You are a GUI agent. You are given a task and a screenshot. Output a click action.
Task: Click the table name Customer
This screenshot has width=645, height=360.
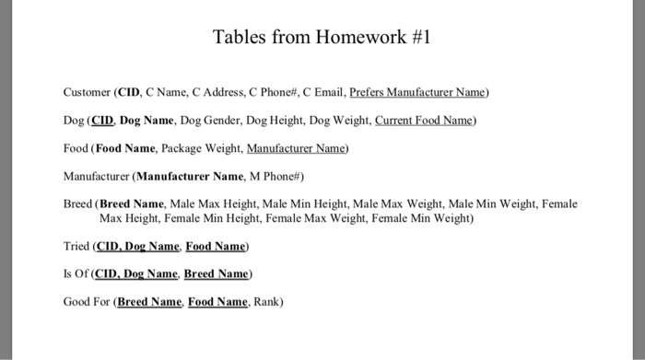point(87,92)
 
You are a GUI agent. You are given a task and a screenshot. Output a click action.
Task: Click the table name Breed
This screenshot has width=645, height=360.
point(77,203)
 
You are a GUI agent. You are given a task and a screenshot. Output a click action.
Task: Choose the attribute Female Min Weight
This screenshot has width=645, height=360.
point(426,218)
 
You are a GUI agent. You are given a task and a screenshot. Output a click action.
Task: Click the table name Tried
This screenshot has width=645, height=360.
point(76,246)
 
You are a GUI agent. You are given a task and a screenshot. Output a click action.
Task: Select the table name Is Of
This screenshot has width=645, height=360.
point(76,273)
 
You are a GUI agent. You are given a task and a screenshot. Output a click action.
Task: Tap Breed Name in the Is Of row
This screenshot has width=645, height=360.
point(217,273)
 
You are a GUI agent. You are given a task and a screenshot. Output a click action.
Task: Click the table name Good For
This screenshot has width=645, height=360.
point(87,301)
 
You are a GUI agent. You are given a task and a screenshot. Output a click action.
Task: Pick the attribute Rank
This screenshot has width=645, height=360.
point(266,301)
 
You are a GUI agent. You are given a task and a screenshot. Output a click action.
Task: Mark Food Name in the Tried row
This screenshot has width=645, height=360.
point(216,246)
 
